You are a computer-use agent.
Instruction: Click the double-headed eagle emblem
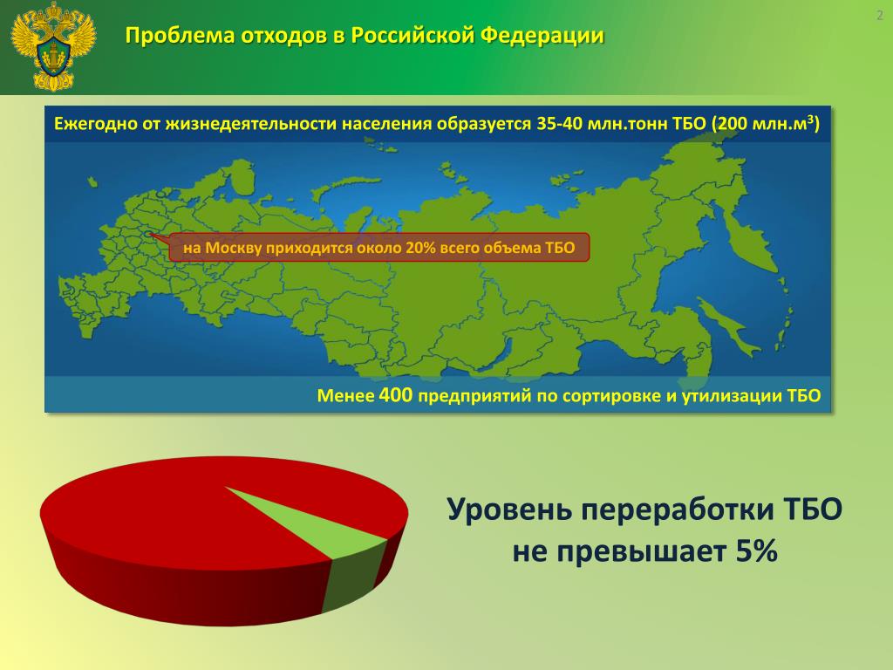tap(53, 45)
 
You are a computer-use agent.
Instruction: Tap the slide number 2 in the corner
tap(879, 16)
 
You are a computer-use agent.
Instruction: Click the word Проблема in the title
tap(180, 35)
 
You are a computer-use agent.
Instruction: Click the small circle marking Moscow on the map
tap(148, 233)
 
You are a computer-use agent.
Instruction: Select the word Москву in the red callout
tap(233, 248)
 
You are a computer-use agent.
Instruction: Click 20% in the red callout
tap(420, 248)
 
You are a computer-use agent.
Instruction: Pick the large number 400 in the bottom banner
tap(395, 394)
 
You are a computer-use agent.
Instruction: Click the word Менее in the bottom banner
tap(345, 395)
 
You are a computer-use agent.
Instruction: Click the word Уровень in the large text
tap(509, 509)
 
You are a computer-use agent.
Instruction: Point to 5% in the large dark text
tap(756, 551)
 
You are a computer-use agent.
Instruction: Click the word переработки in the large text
tap(678, 509)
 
